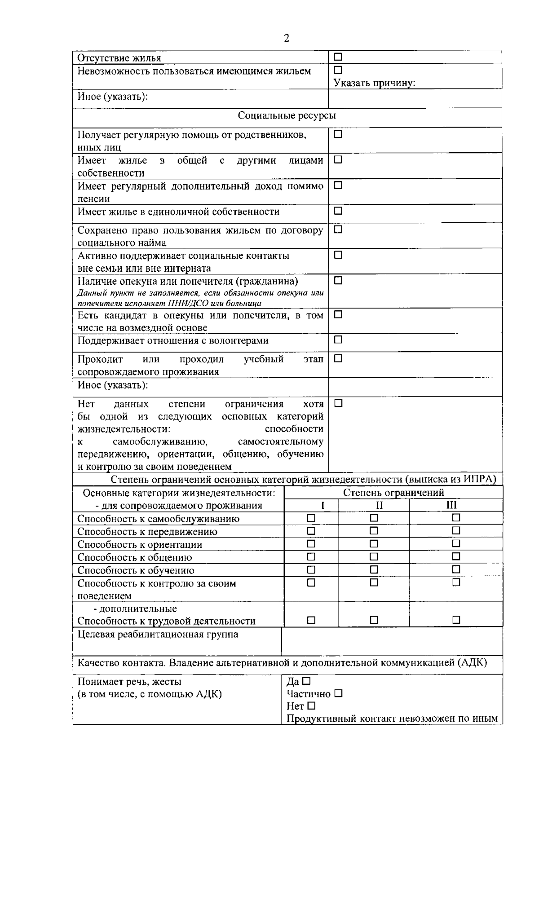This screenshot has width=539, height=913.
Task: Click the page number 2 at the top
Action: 287,38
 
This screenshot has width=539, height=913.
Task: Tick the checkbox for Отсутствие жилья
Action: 338,57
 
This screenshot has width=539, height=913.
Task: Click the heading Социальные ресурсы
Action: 287,116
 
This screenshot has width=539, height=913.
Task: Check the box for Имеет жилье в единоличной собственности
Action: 338,211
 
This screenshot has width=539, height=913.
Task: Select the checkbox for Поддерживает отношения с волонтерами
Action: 338,340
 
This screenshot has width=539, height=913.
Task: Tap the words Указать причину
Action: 374,83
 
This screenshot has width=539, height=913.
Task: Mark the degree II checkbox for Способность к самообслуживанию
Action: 374,518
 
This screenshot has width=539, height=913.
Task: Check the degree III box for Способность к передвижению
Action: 456,531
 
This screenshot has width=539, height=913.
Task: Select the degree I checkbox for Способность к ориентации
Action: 311,544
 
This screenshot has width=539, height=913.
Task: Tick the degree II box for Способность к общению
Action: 374,557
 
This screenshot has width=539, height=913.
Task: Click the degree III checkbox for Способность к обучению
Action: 456,569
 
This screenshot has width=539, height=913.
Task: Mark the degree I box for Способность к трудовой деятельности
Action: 311,620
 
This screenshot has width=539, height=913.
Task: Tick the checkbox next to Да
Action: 306,681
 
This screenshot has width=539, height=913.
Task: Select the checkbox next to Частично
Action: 338,693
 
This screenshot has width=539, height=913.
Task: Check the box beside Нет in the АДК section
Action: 311,706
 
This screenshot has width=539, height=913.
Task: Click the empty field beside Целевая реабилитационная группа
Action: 392,641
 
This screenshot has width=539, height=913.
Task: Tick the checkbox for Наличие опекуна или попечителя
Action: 338,281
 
